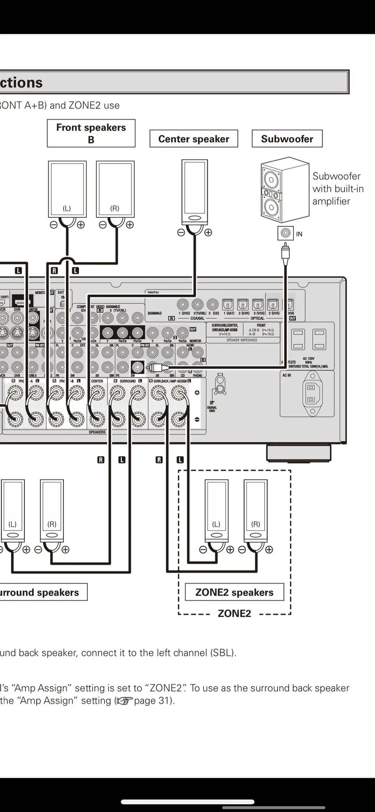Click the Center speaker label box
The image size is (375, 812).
click(x=194, y=139)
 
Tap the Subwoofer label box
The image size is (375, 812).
click(x=287, y=139)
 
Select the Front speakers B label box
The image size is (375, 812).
click(x=91, y=133)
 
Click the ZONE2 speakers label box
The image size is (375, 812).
click(x=234, y=592)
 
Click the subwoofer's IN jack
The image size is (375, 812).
click(x=285, y=233)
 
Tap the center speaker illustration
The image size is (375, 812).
click(x=194, y=192)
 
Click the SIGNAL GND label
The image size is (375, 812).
click(x=212, y=409)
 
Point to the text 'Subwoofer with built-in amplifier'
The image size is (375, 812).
click(x=337, y=189)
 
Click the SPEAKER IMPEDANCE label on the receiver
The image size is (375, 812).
click(x=242, y=340)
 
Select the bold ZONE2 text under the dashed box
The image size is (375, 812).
click(x=234, y=613)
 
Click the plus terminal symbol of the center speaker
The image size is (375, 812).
click(x=208, y=232)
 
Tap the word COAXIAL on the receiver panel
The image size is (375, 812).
click(x=197, y=318)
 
